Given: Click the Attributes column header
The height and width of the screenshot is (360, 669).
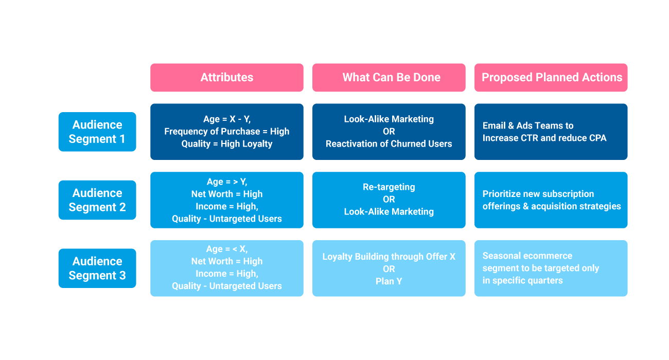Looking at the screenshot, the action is coord(226,77).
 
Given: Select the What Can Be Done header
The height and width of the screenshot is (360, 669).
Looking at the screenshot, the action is coord(389,77).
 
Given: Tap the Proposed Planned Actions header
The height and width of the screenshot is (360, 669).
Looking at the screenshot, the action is coord(551,77).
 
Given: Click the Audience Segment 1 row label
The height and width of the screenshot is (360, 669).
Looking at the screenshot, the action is coord(97,132).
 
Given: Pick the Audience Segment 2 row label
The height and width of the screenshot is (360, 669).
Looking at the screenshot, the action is coord(97,200).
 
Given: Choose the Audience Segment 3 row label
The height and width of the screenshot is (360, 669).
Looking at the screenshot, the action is coord(97,268).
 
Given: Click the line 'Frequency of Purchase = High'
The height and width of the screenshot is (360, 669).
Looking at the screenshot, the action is coord(226,131).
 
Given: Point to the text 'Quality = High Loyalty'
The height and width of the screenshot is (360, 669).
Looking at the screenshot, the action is coord(226,144).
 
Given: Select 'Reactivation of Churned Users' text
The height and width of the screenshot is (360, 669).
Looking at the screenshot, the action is coord(389,144).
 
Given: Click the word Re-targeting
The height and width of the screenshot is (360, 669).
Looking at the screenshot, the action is coord(389,187).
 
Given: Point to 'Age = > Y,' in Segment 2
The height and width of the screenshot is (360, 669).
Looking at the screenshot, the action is coord(226,182).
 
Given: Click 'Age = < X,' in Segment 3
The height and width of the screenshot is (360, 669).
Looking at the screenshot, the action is coord(226,249).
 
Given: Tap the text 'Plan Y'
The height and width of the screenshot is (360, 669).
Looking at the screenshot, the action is coord(389,281).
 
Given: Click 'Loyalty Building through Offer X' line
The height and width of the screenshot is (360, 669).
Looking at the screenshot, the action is coord(389,257).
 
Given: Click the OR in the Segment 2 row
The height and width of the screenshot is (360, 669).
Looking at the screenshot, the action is coord(389,200).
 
